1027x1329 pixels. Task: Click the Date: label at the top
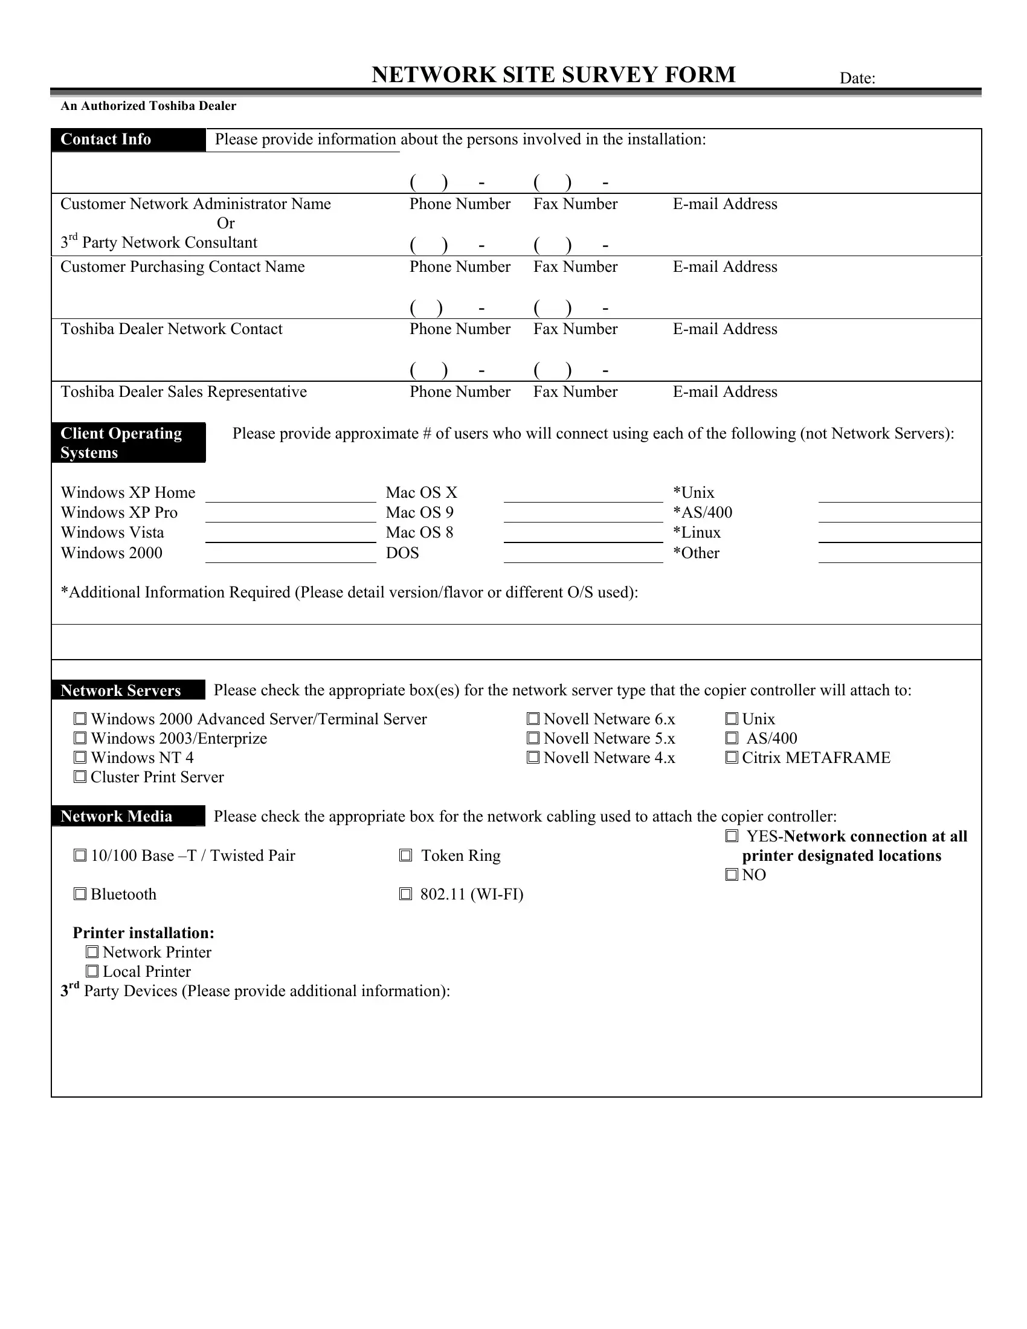857,78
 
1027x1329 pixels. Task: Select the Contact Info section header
128,140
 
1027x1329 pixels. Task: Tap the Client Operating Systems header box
128,442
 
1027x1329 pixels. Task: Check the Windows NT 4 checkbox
80,758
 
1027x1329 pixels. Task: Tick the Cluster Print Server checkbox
80,777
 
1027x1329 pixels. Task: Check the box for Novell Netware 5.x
533,738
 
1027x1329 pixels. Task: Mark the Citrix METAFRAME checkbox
732,758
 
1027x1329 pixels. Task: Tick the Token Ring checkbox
405,855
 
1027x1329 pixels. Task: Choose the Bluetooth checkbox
80,894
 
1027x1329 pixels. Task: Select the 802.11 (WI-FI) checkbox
405,894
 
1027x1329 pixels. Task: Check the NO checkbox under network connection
732,875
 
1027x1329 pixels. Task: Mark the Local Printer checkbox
92,971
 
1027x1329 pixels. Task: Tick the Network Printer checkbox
92,951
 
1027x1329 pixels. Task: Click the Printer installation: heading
144,933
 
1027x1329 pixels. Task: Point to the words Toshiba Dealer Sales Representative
183,391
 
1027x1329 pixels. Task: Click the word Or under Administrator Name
225,224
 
